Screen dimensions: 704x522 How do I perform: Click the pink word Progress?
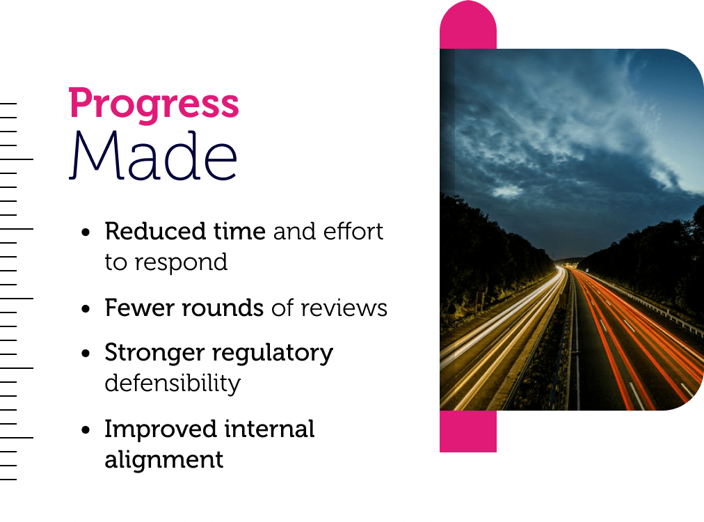click(154, 105)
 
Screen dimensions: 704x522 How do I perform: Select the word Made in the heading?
click(153, 155)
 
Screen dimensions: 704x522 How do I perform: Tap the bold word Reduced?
click(156, 231)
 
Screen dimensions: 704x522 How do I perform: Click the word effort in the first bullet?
click(353, 231)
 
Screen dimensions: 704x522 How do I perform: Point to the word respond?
click(181, 263)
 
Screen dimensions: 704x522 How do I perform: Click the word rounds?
click(223, 308)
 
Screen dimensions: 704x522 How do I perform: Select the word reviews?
click(344, 308)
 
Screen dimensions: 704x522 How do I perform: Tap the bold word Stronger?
click(154, 354)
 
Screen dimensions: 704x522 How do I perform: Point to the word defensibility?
click(173, 383)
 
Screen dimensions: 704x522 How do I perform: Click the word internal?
click(269, 429)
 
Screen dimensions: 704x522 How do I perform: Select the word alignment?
click(164, 460)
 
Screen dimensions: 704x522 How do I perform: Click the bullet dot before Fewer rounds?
click(86, 309)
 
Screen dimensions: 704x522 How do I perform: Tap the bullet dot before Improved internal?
click(86, 430)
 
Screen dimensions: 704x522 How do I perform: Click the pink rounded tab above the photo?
click(468, 25)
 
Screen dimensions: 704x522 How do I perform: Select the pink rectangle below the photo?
click(468, 432)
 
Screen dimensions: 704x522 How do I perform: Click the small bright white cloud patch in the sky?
click(508, 191)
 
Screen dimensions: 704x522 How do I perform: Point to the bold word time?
click(239, 231)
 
